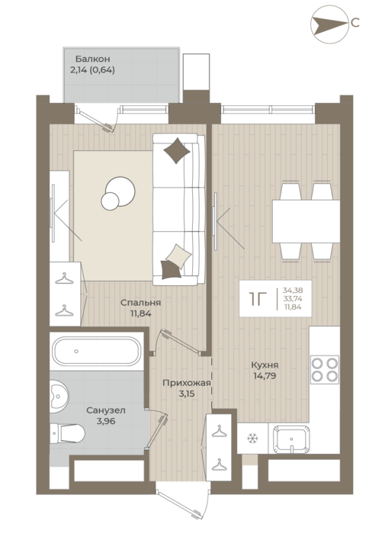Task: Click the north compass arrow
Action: point(329,24)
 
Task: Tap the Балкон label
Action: point(92,59)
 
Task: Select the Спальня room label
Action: point(140,302)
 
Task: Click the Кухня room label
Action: point(265,365)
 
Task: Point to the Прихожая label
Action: point(187,383)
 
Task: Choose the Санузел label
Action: point(106,410)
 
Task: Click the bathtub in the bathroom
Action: point(95,351)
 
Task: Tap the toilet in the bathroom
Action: point(67,433)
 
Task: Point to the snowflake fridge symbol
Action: point(253,438)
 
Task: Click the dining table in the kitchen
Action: point(306,221)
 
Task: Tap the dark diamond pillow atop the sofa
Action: point(177,150)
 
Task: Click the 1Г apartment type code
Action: point(258,299)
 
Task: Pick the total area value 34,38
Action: point(293,291)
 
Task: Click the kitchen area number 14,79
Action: point(265,376)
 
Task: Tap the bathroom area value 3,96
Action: point(106,421)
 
